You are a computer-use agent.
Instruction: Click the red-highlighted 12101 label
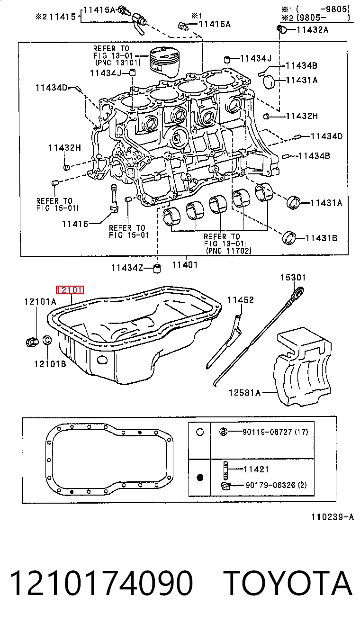click(x=70, y=290)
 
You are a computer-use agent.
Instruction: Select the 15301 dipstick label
click(x=293, y=278)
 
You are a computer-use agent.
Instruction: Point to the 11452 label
click(x=241, y=300)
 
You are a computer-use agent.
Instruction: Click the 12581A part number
click(x=244, y=393)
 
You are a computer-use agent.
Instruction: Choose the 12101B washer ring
click(x=47, y=340)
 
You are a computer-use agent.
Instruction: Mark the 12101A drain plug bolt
click(x=32, y=342)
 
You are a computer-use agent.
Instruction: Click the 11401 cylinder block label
click(x=185, y=265)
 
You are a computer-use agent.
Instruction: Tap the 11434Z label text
click(x=127, y=268)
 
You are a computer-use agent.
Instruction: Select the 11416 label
click(x=75, y=224)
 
